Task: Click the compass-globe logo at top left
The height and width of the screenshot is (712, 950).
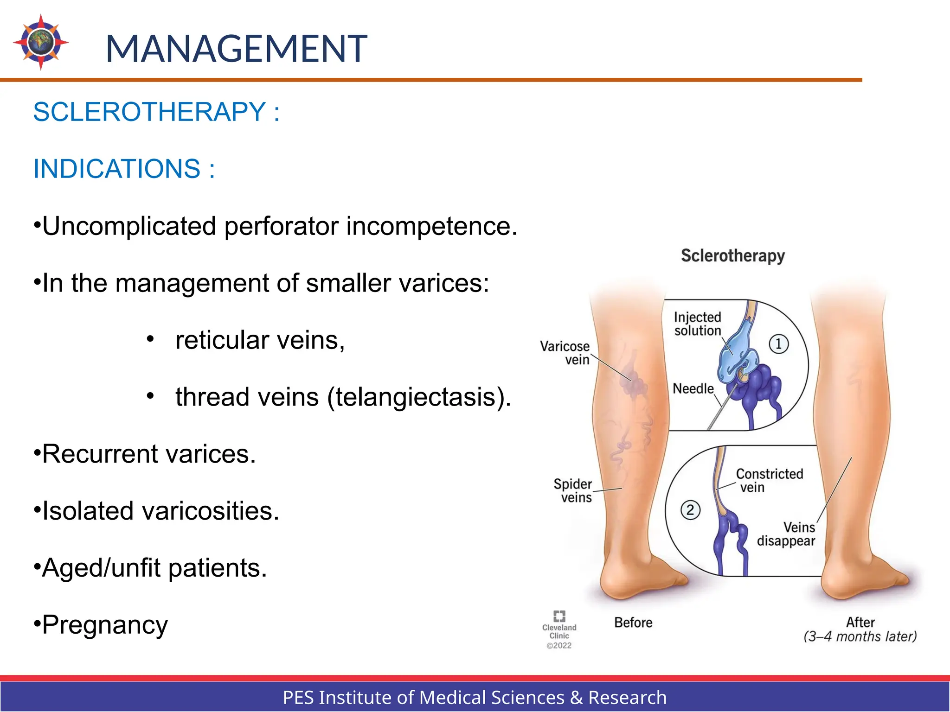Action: pos(41,42)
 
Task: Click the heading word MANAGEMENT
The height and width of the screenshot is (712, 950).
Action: pos(236,49)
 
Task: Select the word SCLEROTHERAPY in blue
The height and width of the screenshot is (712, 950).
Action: pos(149,112)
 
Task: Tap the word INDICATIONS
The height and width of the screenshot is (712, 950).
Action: pos(116,169)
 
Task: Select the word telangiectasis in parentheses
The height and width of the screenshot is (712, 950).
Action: pos(417,397)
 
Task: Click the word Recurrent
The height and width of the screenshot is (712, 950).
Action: pos(100,454)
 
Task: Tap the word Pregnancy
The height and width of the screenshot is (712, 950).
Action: pos(105,625)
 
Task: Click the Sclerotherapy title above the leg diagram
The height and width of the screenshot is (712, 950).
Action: pos(732,256)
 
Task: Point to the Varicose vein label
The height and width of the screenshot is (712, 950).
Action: pos(565,353)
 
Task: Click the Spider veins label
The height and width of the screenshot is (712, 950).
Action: pos(573,490)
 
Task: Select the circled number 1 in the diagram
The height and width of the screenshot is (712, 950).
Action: pos(778,344)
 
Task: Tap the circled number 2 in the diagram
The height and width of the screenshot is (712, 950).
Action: pos(690,510)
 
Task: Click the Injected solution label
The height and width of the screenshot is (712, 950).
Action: pos(697,324)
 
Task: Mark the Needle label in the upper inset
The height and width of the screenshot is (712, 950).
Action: pos(693,388)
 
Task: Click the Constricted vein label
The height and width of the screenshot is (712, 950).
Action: pos(769,480)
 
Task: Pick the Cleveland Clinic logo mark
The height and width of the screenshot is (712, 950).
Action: pos(559,616)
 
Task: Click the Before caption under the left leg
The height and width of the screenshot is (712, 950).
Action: pos(633,623)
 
